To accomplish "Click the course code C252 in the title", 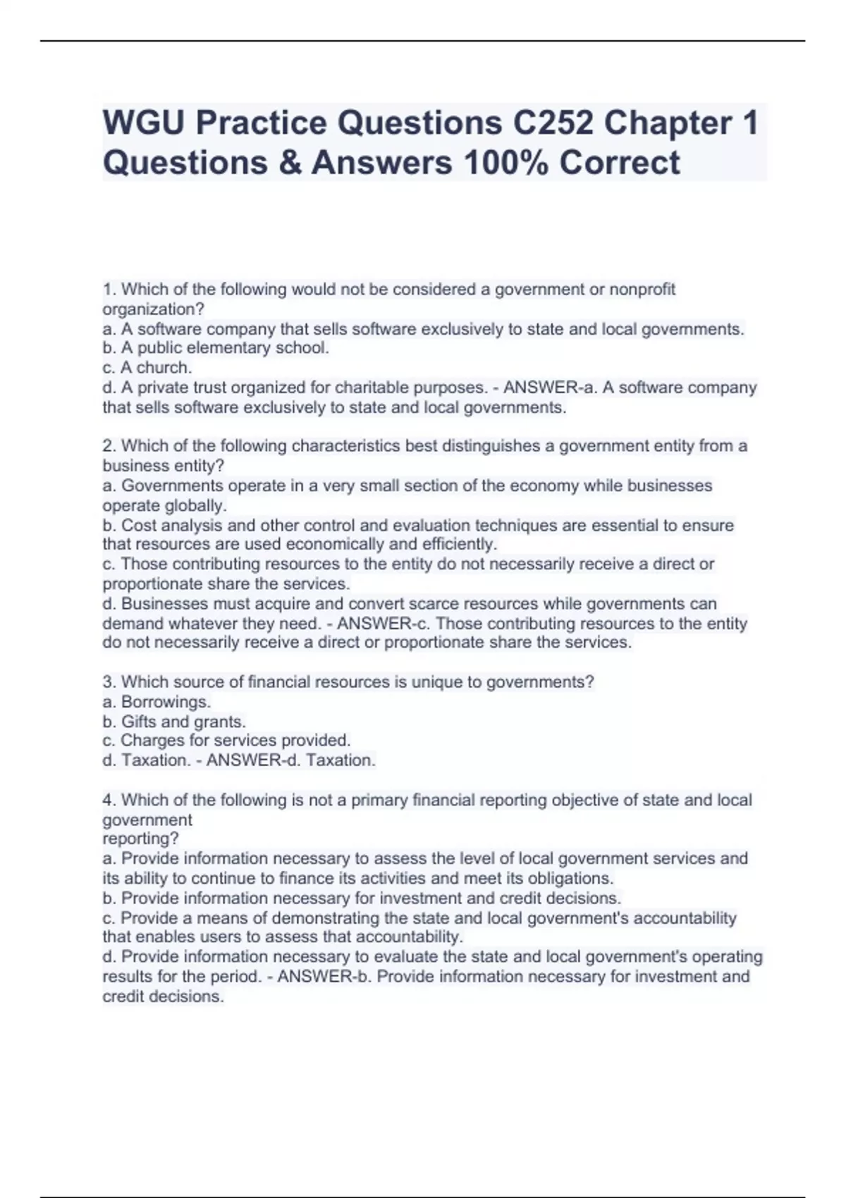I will coord(553,123).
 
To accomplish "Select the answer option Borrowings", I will coord(166,702).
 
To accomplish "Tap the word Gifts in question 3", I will coord(138,722).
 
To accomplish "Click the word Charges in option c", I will coord(149,741).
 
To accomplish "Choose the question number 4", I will coord(109,801).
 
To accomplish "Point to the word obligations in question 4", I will coord(570,879).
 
